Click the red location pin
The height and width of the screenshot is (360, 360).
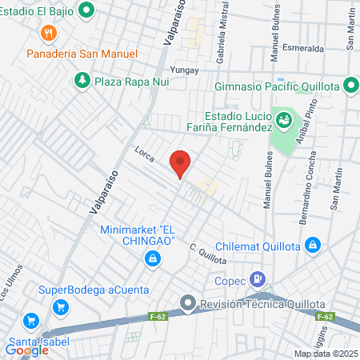click(180, 162)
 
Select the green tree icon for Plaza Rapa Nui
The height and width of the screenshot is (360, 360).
click(82, 80)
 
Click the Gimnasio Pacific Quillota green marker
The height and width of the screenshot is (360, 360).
click(351, 86)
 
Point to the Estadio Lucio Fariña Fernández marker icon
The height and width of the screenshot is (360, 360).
click(283, 120)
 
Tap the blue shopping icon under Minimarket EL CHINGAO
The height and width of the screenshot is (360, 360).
click(151, 258)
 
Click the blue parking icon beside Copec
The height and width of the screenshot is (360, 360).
click(257, 279)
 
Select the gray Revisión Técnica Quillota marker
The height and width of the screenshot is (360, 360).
click(187, 302)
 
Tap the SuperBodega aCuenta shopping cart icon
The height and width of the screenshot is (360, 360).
click(58, 306)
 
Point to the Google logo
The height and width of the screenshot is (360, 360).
click(26, 349)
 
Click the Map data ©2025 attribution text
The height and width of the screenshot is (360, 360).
click(325, 354)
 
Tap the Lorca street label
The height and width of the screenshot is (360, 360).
click(144, 151)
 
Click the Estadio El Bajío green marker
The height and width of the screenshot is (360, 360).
click(90, 10)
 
